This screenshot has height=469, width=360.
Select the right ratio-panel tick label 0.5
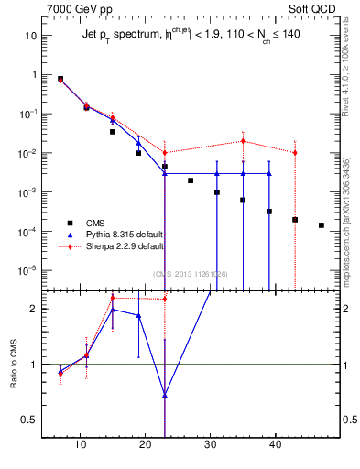tap(348, 420)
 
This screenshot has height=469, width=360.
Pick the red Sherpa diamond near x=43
tap(295, 152)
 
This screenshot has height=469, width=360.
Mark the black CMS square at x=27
tap(191, 180)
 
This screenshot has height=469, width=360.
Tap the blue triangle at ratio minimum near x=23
tap(164, 395)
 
